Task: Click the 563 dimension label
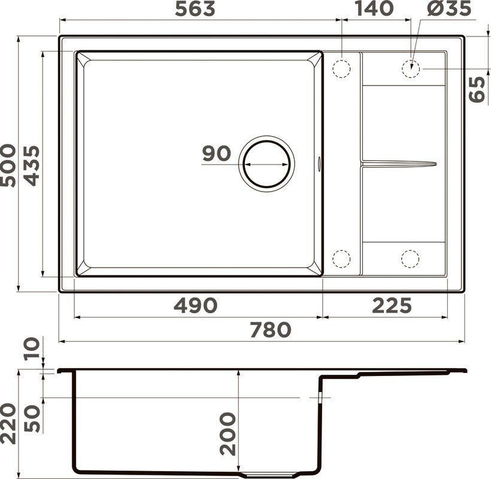[194, 9]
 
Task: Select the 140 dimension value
[374, 9]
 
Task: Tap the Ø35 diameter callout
[450, 9]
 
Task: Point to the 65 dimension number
[477, 90]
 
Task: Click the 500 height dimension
[9, 165]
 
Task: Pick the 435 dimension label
[30, 165]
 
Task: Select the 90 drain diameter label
[216, 153]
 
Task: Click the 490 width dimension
[195, 306]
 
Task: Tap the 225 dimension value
[392, 306]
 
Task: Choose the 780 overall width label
[270, 330]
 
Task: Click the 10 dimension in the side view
[32, 347]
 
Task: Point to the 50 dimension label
[32, 419]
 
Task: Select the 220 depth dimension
[8, 423]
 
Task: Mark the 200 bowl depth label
[228, 434]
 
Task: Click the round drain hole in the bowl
[266, 163]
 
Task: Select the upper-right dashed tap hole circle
[410, 69]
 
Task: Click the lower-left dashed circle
[341, 259]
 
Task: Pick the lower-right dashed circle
[410, 259]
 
